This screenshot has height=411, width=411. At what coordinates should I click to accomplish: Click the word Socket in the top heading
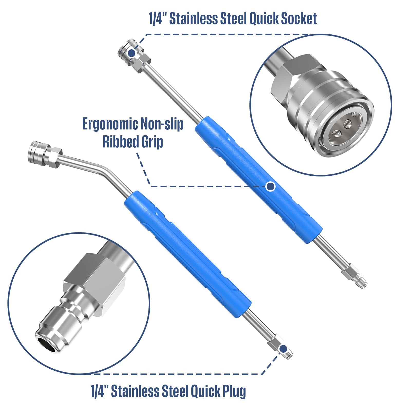coord(299,18)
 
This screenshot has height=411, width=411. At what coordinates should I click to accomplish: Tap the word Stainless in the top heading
coord(194,18)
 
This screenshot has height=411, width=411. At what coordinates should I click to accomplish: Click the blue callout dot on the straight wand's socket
coord(132,53)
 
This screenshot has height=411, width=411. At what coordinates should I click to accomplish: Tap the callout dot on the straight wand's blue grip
coord(270,186)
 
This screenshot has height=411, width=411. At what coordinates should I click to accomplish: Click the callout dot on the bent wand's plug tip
coord(283,349)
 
